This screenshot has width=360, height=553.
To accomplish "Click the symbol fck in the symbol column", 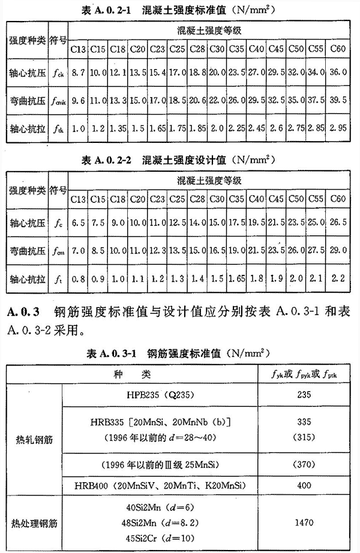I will pos(58,71).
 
